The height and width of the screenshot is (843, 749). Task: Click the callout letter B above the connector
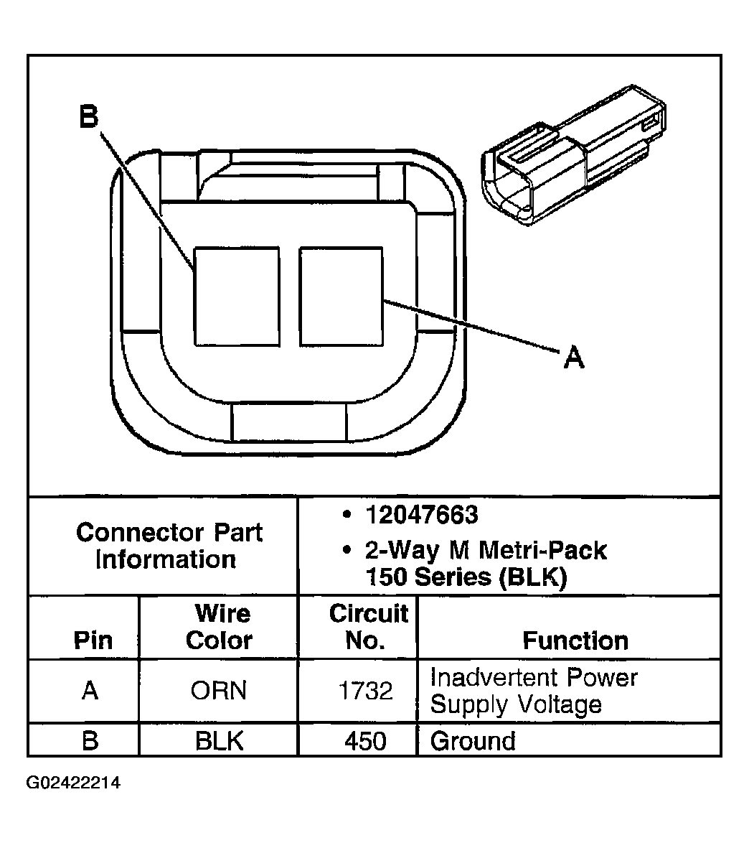[x=88, y=116]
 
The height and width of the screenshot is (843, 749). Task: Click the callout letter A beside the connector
[x=573, y=356]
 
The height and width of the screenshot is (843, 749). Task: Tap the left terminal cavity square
[x=237, y=296]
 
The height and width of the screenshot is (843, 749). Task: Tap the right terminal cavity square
[x=341, y=296]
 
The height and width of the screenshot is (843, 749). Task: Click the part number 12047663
[x=421, y=515]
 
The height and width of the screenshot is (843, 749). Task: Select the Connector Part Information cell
[x=169, y=546]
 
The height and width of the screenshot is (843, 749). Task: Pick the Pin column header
[x=93, y=640]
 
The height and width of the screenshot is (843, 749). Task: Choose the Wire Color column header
[x=219, y=627]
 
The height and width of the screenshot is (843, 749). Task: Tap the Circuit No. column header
[x=367, y=627]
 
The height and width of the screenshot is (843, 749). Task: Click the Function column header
[x=575, y=640]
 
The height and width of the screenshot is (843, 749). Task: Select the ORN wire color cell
[x=219, y=691]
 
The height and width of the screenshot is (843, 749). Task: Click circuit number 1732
[x=365, y=691]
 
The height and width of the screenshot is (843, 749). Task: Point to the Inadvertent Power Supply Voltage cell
[x=533, y=691]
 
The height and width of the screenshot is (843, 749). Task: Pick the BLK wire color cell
[x=219, y=740]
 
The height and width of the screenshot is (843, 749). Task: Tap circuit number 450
[x=365, y=740]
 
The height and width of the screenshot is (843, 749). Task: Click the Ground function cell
[x=473, y=740]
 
